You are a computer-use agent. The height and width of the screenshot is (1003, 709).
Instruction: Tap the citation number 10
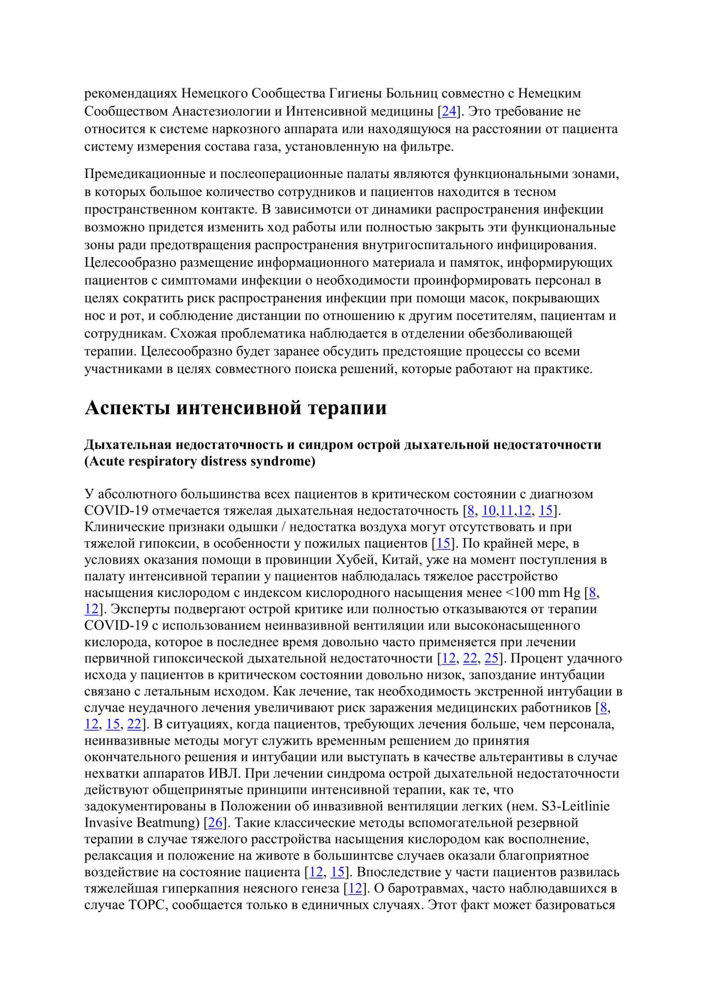coord(488,511)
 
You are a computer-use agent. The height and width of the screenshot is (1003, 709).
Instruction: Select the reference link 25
coord(492,658)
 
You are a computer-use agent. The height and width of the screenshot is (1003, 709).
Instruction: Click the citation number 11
coord(506,511)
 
